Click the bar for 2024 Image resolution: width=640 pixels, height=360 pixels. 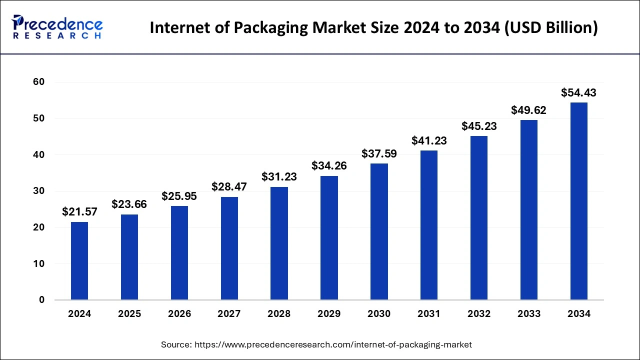tap(79, 261)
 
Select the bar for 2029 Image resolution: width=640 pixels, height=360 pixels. tap(329, 238)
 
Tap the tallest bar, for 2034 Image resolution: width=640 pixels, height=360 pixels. tap(578, 201)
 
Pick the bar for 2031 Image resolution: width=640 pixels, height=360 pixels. tap(429, 225)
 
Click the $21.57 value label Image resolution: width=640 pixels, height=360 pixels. tap(79, 212)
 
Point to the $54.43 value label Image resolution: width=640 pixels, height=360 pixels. tap(578, 92)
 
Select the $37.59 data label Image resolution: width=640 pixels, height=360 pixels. tap(379, 153)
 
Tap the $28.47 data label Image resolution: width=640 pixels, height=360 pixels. tap(229, 187)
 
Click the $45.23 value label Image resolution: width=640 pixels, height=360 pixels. tap(479, 126)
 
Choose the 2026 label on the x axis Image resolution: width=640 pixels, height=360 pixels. tap(179, 314)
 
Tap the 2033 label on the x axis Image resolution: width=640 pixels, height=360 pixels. tap(529, 314)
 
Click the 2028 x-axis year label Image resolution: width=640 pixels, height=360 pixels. tap(279, 314)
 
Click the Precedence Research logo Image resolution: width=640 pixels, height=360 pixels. tap(57, 27)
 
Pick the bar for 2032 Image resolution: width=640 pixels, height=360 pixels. tap(479, 218)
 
